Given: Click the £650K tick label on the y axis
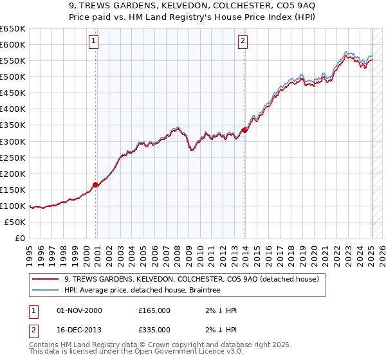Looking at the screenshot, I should [13, 29].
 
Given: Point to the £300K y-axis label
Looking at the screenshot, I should [13, 141].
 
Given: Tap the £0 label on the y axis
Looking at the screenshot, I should [20, 238].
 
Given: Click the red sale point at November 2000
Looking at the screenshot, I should [96, 184].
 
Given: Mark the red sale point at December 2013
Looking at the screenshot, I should [245, 130].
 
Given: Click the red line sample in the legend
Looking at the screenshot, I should [46, 279].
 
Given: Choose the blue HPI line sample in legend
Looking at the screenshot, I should [46, 291].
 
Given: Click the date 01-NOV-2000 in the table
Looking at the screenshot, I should [79, 310].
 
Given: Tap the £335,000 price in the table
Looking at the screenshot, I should [154, 329].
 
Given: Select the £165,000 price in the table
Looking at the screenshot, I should [154, 310].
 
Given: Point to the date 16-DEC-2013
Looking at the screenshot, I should [79, 329].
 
